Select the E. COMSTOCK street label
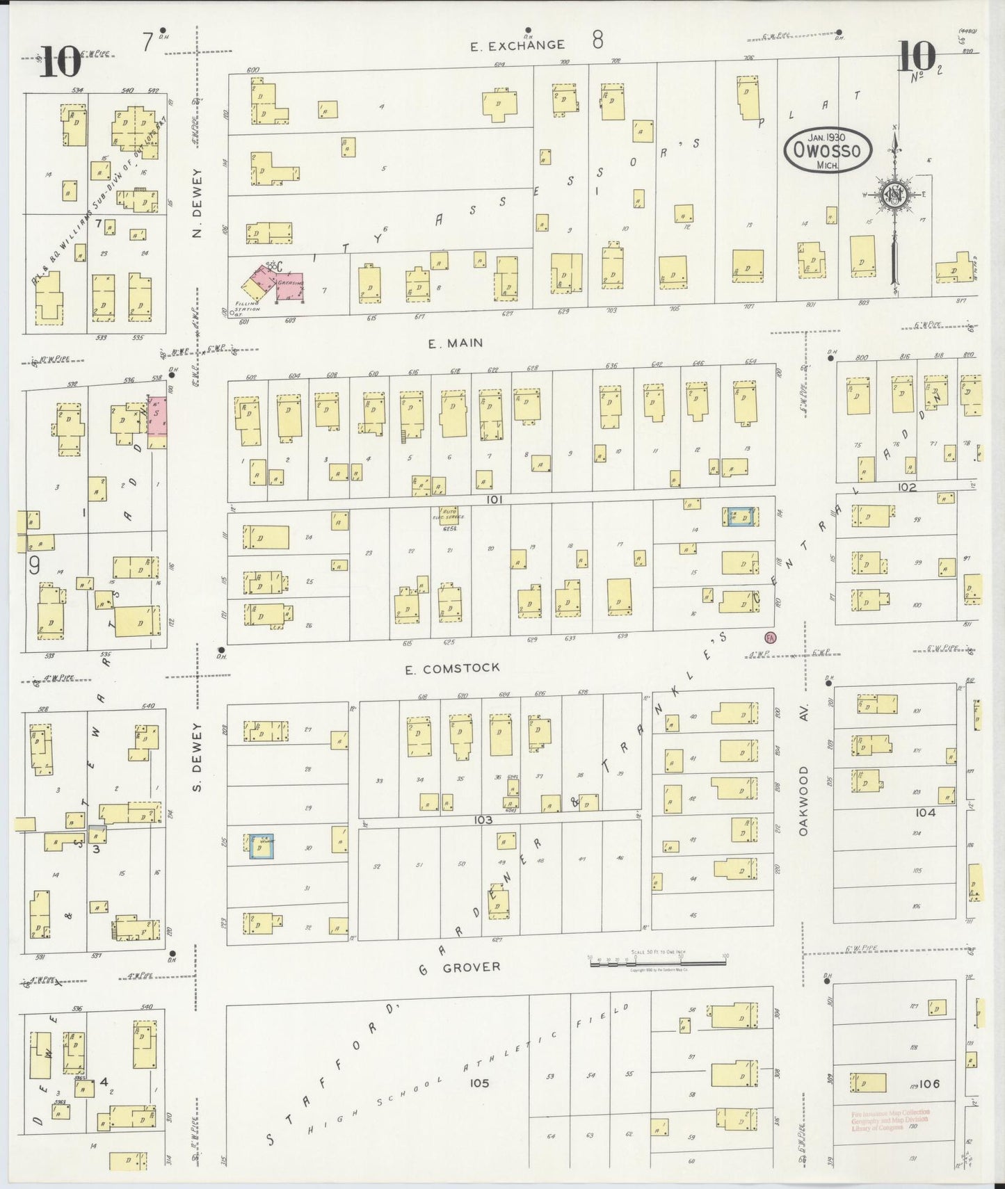(453, 668)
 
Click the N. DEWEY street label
(197, 203)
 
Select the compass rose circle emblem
(894, 195)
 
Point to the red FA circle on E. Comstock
(769, 636)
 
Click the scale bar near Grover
(657, 962)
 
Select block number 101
(495, 499)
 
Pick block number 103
(483, 820)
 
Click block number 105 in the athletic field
(479, 1083)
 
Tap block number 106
(928, 1083)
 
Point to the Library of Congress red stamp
(890, 1120)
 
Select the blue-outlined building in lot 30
(262, 847)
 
